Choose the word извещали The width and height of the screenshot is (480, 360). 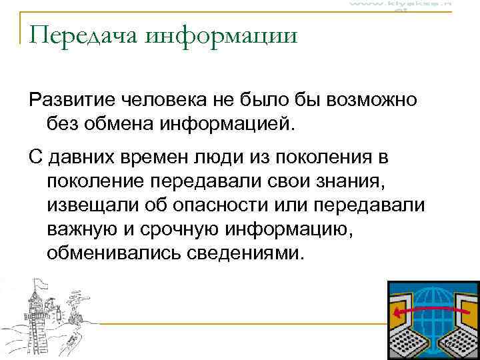click(91, 205)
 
